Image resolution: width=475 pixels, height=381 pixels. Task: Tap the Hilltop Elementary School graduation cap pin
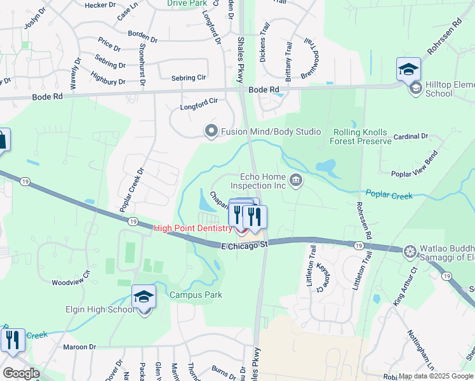point(408,70)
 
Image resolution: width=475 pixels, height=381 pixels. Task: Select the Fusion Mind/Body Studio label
point(271,131)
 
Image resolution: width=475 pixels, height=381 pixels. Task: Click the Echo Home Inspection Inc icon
point(295,182)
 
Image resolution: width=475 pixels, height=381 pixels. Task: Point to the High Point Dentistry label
point(194,227)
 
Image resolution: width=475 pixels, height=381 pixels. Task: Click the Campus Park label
point(196,295)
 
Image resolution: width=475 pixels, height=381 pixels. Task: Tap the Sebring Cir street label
point(189,77)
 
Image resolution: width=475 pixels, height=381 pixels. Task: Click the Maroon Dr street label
point(79,347)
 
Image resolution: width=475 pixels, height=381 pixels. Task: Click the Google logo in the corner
point(21,373)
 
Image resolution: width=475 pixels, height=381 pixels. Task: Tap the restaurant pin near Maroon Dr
point(13,341)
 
